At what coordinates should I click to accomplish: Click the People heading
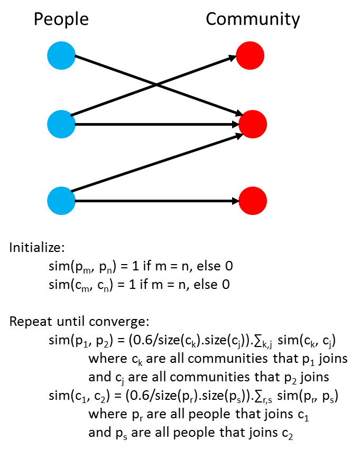click(x=61, y=20)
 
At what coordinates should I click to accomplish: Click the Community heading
click(x=253, y=20)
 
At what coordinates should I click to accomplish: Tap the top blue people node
click(x=61, y=55)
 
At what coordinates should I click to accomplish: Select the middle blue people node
click(x=61, y=124)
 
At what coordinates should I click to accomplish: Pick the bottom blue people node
click(x=61, y=201)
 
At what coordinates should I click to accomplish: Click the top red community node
click(x=250, y=55)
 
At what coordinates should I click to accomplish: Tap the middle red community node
click(x=253, y=124)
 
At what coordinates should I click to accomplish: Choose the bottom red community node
click(x=253, y=201)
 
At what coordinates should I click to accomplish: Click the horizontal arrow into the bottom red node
click(x=157, y=201)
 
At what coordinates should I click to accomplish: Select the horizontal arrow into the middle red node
click(x=157, y=124)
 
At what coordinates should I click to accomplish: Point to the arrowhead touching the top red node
click(x=233, y=58)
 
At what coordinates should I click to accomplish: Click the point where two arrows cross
click(x=156, y=85)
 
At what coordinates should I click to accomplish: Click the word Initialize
click(x=37, y=247)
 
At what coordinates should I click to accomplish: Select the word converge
click(x=119, y=322)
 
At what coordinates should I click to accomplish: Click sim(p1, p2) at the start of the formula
click(x=82, y=341)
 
